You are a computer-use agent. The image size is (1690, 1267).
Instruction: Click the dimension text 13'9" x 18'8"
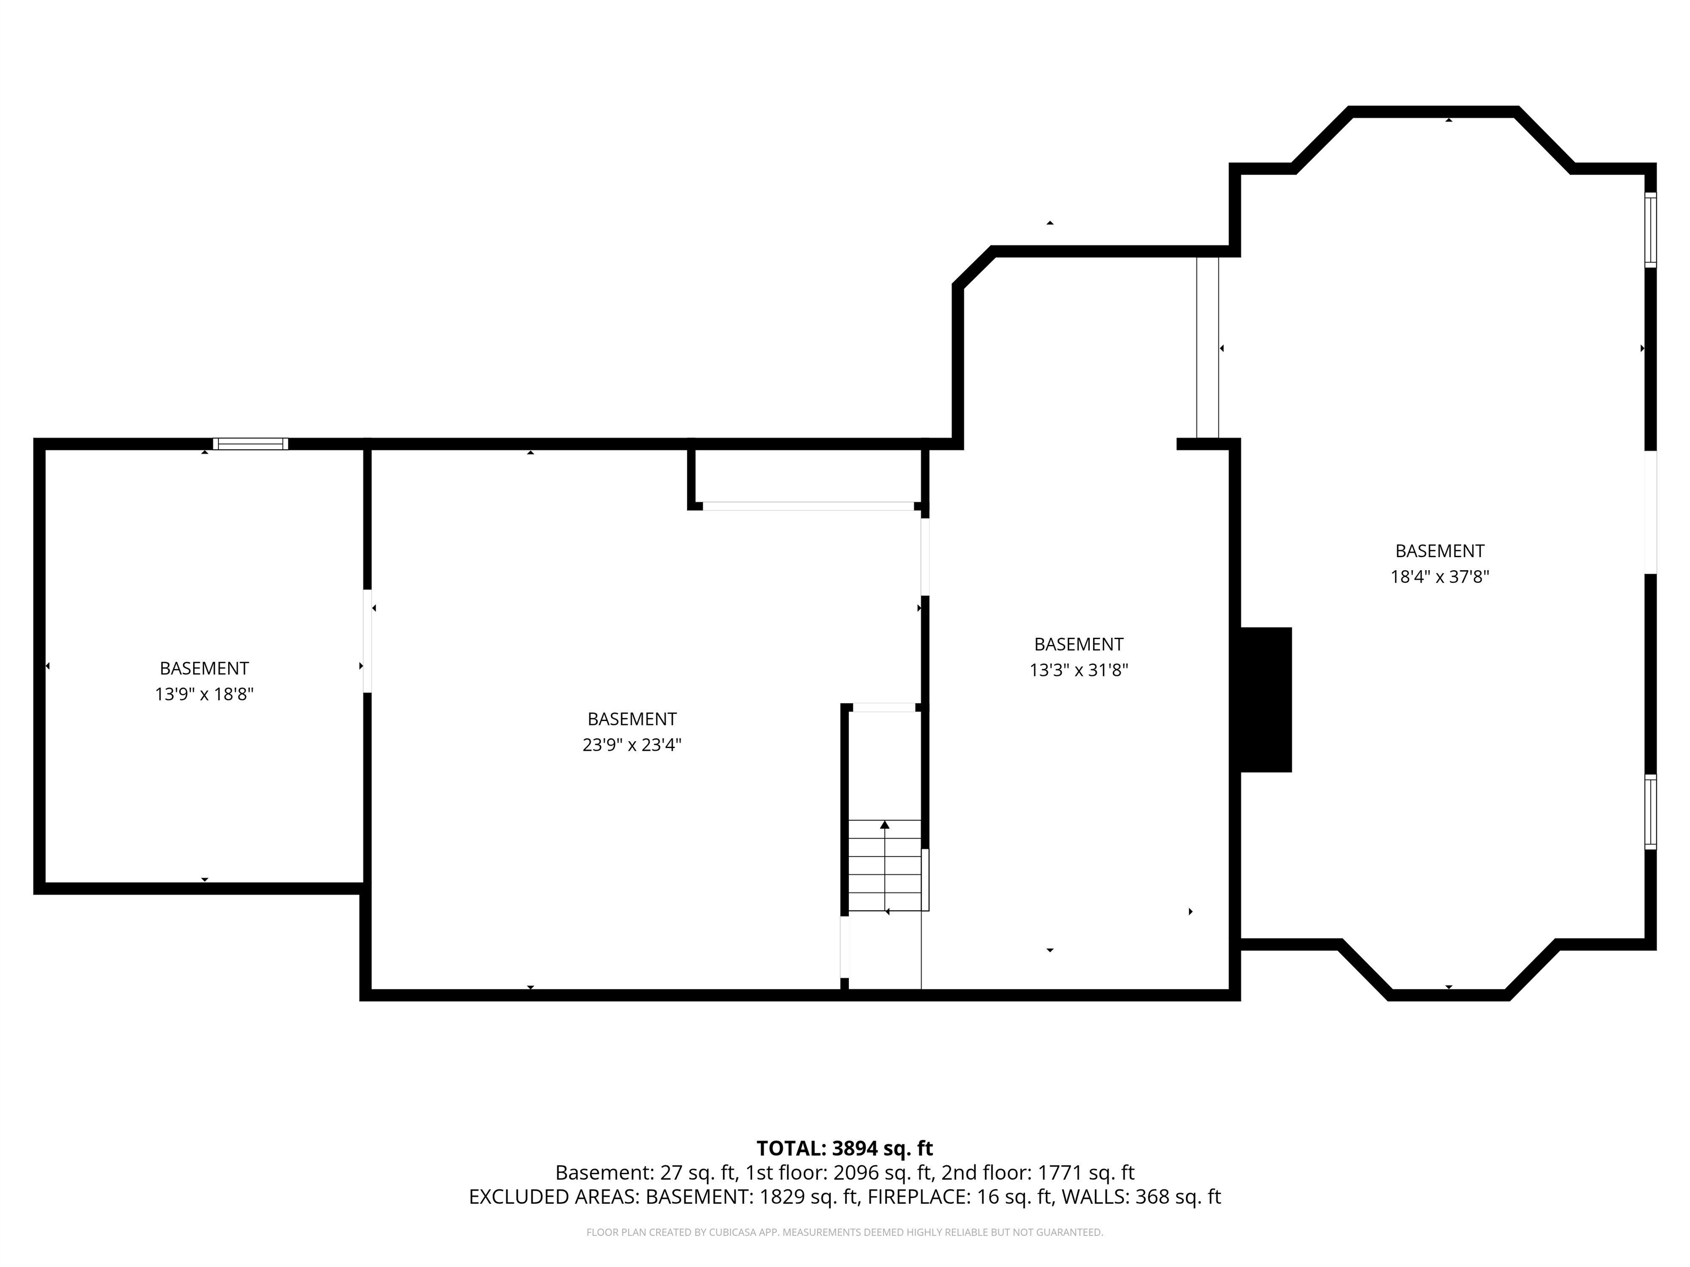tap(204, 694)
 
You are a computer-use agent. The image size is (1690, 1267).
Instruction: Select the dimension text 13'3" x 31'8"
tap(1078, 670)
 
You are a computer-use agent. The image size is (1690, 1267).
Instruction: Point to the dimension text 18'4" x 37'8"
tap(1439, 577)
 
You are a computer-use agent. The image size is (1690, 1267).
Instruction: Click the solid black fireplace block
tap(1265, 699)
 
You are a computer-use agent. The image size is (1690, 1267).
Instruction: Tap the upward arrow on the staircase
tap(885, 825)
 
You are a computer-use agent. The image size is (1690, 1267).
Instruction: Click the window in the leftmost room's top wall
tap(251, 444)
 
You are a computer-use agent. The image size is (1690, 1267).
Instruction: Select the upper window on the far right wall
tap(1650, 230)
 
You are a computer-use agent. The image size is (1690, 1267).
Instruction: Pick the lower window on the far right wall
tap(1650, 812)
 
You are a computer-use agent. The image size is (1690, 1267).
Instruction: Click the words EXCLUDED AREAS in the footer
tap(553, 1197)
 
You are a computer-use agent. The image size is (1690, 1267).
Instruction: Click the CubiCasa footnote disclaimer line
tap(844, 1232)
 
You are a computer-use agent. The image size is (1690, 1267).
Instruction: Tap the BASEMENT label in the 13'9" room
tap(204, 668)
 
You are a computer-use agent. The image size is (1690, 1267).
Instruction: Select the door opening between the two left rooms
tap(367, 641)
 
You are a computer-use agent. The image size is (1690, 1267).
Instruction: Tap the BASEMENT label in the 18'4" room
tap(1439, 550)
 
